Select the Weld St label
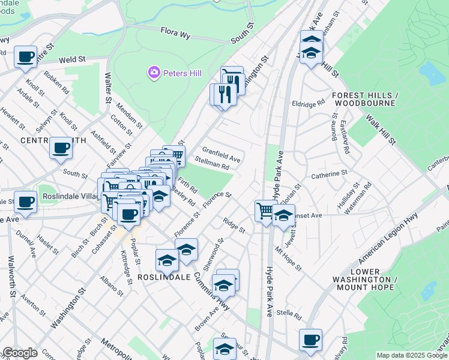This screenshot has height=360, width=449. (x=70, y=59)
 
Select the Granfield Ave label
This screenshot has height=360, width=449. (x=221, y=155)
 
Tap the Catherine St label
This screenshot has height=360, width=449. (x=330, y=175)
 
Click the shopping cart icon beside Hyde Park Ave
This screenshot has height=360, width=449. (x=265, y=211)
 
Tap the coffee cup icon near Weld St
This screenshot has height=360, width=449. (x=26, y=57)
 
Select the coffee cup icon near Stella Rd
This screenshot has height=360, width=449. (x=310, y=340)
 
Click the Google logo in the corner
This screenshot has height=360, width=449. (x=19, y=353)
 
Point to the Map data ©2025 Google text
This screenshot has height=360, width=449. (x=412, y=355)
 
